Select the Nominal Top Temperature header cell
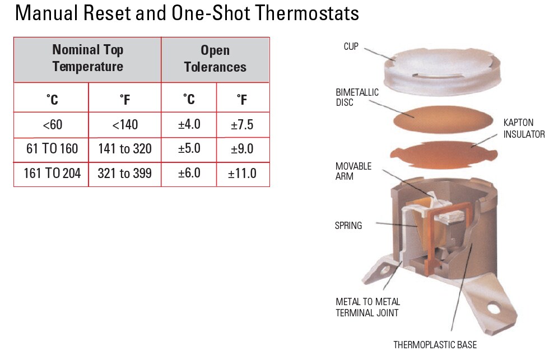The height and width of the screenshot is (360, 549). pos(87,58)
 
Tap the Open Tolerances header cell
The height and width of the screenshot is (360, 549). pos(215,58)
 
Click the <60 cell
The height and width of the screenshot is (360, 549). pos(51,125)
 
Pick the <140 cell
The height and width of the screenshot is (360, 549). pos(124,125)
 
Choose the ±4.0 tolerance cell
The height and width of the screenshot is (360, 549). pos(189,125)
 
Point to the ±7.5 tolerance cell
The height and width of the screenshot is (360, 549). pos(242,125)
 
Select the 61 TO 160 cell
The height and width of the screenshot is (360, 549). pos(51,149)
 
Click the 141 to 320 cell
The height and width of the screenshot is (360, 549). pos(124,149)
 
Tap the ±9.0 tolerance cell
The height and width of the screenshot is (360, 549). pos(242,149)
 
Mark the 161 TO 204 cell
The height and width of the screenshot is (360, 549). pos(52,174)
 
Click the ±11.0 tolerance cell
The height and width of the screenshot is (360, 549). pos(242,174)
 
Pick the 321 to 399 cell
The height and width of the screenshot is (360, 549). pos(124,174)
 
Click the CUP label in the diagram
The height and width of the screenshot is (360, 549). pos(351,46)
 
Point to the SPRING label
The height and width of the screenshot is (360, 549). pos(348,226)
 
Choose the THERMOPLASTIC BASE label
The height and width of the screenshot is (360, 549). pos(435,345)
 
